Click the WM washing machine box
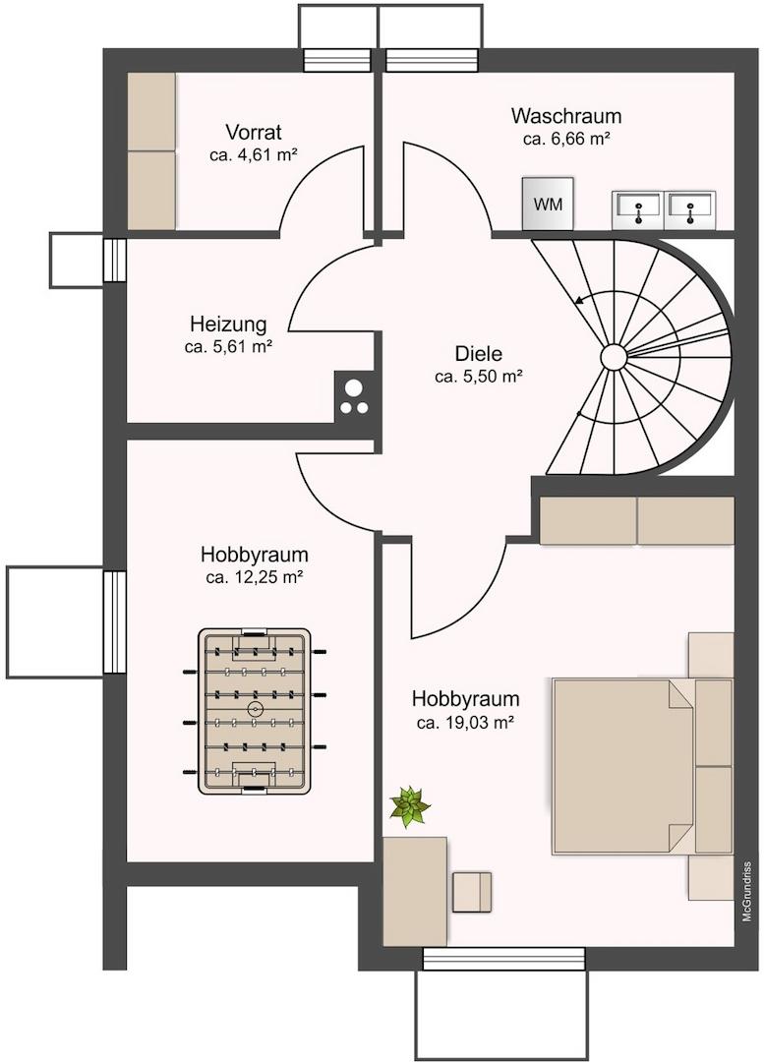[548, 204]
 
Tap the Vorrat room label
[254, 132]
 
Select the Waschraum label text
[566, 116]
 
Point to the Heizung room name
[228, 324]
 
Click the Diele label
[478, 354]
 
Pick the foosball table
[255, 711]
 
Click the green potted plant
[410, 806]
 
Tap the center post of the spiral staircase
[613, 356]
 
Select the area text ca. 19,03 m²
[465, 723]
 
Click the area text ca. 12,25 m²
[254, 578]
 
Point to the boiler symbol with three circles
[354, 397]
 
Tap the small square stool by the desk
[472, 892]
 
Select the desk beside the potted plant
[415, 891]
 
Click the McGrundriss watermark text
[747, 891]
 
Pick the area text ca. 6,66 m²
[566, 139]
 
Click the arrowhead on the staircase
[577, 301]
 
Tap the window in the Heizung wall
[114, 260]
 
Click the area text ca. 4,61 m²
[254, 154]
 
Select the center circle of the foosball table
[255, 710]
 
